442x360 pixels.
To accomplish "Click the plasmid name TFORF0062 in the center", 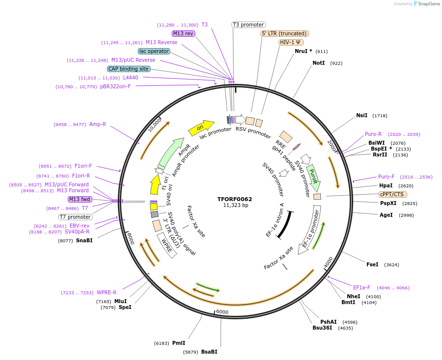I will [234, 199].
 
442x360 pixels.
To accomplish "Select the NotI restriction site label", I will [318, 63].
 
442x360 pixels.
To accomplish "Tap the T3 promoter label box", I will [248, 25].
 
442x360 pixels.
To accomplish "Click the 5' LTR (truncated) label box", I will [285, 33].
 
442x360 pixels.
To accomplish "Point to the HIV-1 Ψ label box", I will [290, 42].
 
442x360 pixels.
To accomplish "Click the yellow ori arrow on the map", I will [201, 128].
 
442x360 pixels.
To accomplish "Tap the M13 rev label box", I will [183, 33].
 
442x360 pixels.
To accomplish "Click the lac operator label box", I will [154, 51].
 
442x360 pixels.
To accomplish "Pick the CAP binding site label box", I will [129, 69].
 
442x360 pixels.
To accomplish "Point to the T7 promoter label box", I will [75, 217].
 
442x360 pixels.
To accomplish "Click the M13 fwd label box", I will [79, 199].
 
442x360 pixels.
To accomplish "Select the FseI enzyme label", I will [372, 264].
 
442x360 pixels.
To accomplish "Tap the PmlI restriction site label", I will [179, 343].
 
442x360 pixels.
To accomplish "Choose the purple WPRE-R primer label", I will [106, 292].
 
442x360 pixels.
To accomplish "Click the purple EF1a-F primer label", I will [362, 287].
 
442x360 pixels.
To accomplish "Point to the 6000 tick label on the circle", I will [222, 312].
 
